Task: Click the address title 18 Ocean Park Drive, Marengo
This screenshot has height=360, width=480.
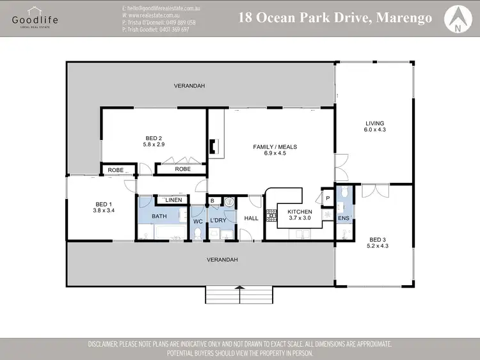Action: click(x=335, y=17)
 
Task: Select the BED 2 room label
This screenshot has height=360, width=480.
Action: click(x=154, y=137)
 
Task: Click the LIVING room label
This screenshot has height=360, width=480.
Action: click(x=374, y=123)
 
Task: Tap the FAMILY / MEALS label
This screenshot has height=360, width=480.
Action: click(x=275, y=147)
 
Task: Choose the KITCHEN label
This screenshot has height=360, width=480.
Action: click(x=300, y=212)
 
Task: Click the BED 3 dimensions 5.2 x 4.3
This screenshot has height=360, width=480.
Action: click(x=378, y=246)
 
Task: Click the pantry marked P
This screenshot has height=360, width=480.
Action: click(x=327, y=198)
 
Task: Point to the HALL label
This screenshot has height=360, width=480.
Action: click(x=251, y=218)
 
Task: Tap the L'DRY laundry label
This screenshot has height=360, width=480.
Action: click(x=218, y=221)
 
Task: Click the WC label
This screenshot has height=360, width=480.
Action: click(x=198, y=221)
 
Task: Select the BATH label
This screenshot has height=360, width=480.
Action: click(x=159, y=216)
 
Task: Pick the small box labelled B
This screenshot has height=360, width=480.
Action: click(x=212, y=201)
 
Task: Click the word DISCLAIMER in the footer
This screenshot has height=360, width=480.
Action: click(x=111, y=344)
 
